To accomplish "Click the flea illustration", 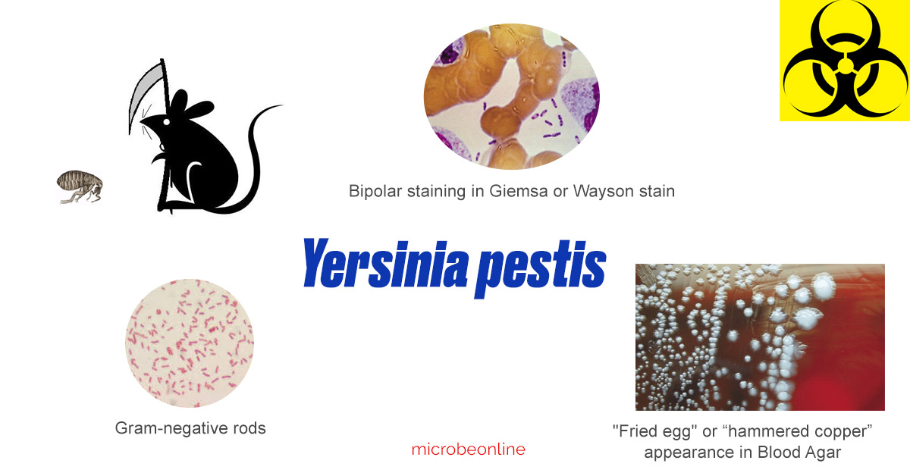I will tap(79, 186).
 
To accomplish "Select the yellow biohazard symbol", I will tap(844, 61).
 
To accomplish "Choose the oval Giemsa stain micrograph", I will tap(511, 96).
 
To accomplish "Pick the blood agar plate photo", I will tap(759, 337).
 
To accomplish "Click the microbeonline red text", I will tap(468, 449).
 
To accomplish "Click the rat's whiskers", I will tap(148, 127).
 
